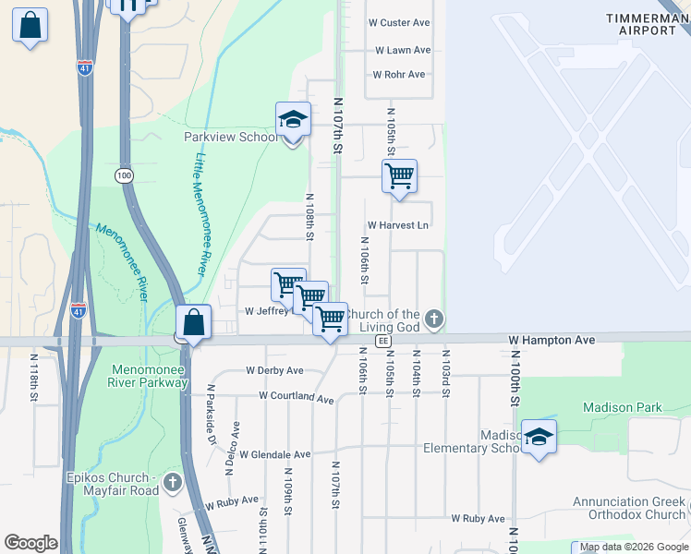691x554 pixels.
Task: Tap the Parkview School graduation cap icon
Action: [293, 120]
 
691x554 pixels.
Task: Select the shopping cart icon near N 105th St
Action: [399, 175]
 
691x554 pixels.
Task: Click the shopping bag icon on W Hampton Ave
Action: [194, 324]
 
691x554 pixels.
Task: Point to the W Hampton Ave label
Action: [552, 341]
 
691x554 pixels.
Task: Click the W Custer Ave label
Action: [399, 22]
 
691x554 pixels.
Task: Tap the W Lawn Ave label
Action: [403, 51]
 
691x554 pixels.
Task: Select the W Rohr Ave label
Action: [398, 75]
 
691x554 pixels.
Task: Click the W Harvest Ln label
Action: [398, 225]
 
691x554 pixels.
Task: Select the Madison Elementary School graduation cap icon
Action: [538, 437]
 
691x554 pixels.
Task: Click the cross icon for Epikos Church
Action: [172, 481]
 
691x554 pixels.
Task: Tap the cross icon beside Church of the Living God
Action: [434, 320]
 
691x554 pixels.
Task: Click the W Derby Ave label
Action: [274, 371]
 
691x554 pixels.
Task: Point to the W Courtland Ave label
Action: [296, 397]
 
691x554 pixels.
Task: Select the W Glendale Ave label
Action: [275, 454]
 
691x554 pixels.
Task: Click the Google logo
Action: [30, 543]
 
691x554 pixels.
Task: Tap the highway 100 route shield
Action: [124, 175]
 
